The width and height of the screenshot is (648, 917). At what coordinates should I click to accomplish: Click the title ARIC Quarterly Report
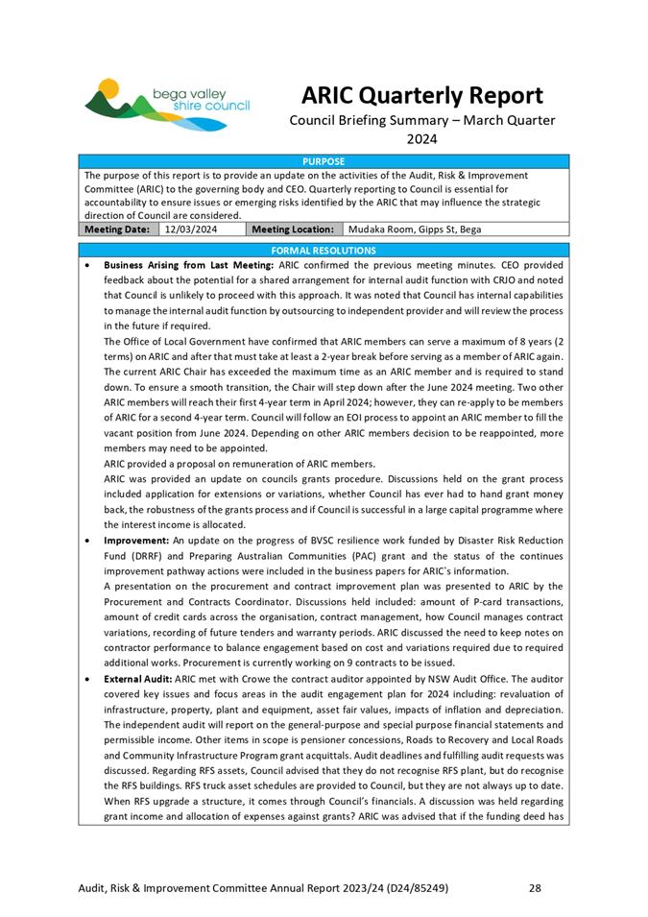point(421,96)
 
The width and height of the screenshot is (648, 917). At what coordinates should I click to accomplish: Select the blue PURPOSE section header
point(324,162)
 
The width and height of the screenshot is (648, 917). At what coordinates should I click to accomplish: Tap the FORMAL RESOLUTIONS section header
point(324,250)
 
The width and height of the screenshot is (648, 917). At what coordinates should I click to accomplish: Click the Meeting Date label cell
point(118,229)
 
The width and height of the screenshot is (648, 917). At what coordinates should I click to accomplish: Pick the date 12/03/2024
point(191,229)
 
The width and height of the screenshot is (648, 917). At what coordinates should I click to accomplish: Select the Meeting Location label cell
point(293,229)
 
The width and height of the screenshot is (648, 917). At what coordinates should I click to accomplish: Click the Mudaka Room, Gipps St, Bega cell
point(415,229)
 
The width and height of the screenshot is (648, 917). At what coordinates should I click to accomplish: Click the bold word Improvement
point(135,541)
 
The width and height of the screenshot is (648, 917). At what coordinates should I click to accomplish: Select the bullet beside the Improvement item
point(88,542)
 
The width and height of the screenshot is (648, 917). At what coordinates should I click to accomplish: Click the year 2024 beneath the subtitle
point(421,138)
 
